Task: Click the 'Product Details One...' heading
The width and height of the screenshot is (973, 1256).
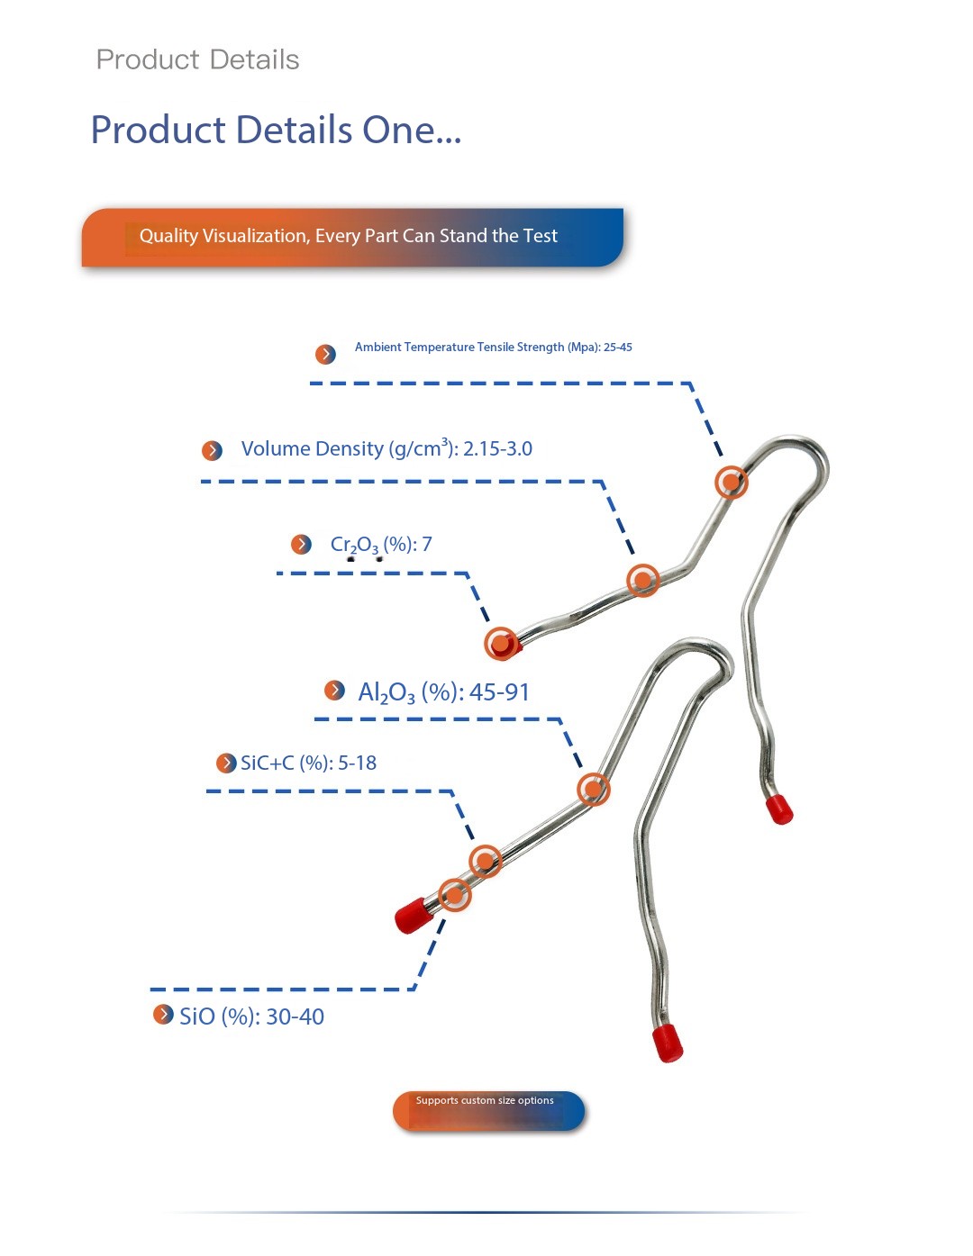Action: pyautogui.click(x=276, y=130)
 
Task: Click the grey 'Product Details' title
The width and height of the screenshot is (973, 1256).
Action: pyautogui.click(x=197, y=59)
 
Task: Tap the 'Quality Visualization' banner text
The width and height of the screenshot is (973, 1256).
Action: pyautogui.click(x=348, y=236)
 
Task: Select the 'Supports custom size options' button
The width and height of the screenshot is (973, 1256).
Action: pyautogui.click(x=488, y=1110)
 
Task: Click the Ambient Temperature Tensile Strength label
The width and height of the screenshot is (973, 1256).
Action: pyautogui.click(x=493, y=348)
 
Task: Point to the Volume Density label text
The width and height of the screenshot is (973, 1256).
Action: pyautogui.click(x=386, y=448)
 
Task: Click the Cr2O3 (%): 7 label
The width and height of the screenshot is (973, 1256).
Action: pyautogui.click(x=381, y=545)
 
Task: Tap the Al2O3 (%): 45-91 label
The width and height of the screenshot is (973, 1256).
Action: pyautogui.click(x=443, y=692)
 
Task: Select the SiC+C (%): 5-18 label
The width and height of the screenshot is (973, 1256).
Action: pyautogui.click(x=308, y=764)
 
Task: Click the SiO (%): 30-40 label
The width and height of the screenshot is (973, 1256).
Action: pyautogui.click(x=251, y=1017)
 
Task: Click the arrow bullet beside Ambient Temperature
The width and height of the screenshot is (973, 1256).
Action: pyautogui.click(x=325, y=354)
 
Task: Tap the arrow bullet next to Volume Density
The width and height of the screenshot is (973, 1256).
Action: pyautogui.click(x=212, y=450)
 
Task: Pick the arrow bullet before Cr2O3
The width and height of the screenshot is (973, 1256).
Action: pyautogui.click(x=301, y=544)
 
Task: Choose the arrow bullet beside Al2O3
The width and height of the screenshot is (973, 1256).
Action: pyautogui.click(x=334, y=691)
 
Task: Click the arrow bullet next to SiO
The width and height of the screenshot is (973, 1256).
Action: pyautogui.click(x=163, y=1015)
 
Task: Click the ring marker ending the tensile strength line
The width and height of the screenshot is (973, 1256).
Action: pyautogui.click(x=732, y=482)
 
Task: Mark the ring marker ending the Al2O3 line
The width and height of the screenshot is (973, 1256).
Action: pyautogui.click(x=593, y=790)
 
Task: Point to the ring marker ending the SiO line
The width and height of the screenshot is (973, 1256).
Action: pyautogui.click(x=454, y=895)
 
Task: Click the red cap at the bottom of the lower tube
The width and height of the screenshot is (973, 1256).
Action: pyautogui.click(x=668, y=1043)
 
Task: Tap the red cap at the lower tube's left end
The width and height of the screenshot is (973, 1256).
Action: pyautogui.click(x=413, y=915)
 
